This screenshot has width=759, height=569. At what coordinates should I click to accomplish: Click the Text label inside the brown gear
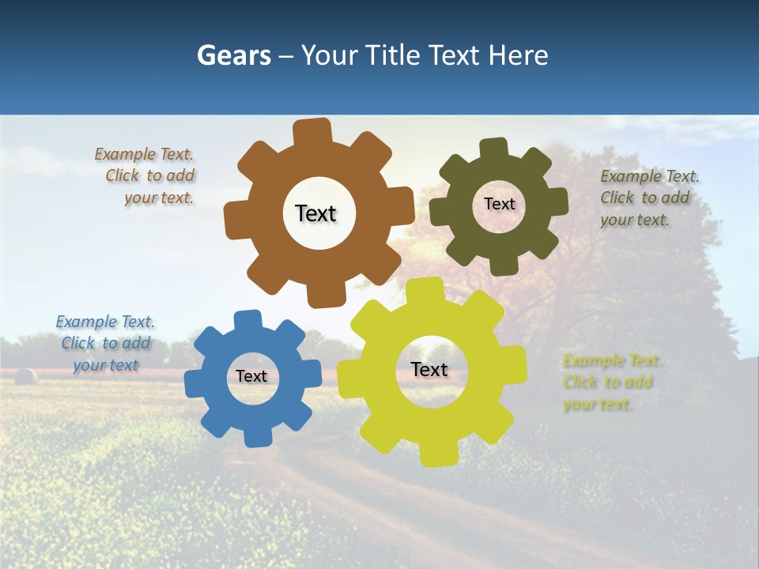click(315, 213)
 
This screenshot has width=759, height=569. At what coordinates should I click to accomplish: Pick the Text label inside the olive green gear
click(499, 204)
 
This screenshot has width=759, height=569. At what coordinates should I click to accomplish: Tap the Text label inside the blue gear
click(251, 376)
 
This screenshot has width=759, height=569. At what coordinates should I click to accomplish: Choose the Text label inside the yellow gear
click(429, 369)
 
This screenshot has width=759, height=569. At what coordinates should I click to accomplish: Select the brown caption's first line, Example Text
click(144, 154)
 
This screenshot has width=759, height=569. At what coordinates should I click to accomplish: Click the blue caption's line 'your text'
click(106, 365)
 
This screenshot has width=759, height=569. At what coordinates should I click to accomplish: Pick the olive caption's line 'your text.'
click(635, 220)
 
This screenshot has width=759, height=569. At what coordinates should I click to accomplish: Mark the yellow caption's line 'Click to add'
click(608, 382)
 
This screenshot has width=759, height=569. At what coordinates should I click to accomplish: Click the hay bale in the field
click(25, 376)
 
